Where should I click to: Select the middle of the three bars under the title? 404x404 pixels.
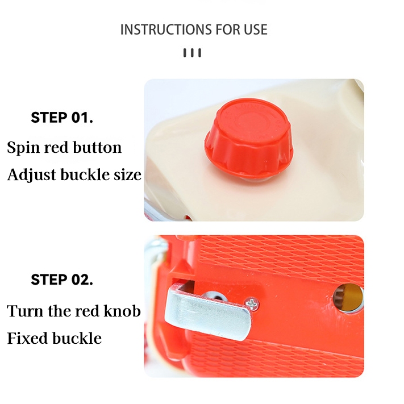[x=192, y=53]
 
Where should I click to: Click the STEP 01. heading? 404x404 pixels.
[x=62, y=118]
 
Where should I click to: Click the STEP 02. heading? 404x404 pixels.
[x=62, y=280]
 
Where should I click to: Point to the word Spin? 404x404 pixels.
[x=23, y=148]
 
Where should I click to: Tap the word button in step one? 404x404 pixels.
[x=97, y=147]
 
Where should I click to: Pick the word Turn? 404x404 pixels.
[x=25, y=311]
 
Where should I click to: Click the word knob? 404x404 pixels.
[x=122, y=310]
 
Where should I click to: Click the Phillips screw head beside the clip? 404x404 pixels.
[x=252, y=303]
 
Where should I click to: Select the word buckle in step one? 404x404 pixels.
[x=85, y=174]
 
